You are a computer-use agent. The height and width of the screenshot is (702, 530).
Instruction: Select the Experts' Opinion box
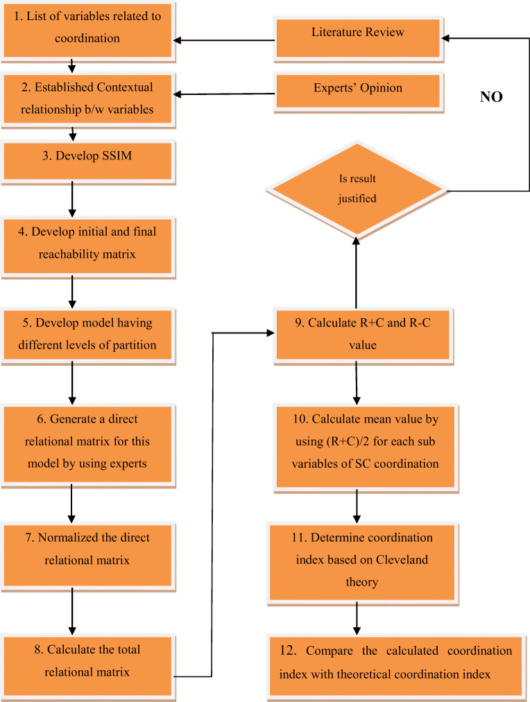tap(357, 89)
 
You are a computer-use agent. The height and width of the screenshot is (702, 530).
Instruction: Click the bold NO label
tap(490, 98)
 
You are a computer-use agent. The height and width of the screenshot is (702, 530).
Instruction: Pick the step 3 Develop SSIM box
tap(87, 156)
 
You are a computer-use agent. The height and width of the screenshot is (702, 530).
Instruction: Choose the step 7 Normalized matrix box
tap(87, 548)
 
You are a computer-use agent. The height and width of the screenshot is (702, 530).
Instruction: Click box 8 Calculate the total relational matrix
tap(87, 660)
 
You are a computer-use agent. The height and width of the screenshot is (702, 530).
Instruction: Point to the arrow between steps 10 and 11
tap(357, 507)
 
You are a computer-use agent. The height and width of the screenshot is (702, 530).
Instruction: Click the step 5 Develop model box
tap(87, 334)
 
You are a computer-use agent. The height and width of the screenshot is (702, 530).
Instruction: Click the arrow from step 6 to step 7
tap(72, 503)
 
